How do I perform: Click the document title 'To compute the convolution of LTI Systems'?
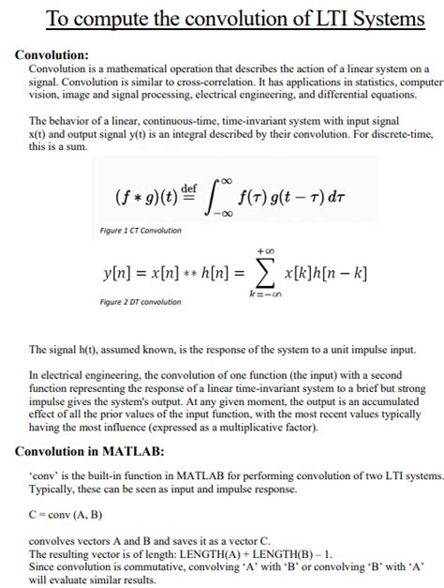222,19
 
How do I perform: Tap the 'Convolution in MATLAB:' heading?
90,451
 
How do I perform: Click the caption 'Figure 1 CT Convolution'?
141,231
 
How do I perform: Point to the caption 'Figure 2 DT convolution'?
141,302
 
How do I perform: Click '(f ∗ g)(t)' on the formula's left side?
145,199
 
